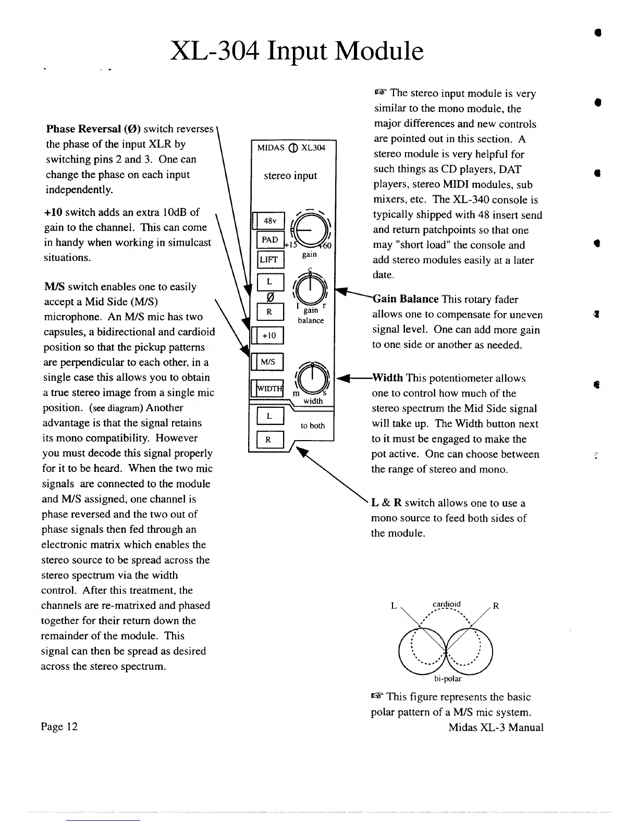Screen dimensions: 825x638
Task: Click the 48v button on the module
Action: point(270,221)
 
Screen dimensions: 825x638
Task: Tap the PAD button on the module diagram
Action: point(270,240)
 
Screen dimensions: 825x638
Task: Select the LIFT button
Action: point(270,259)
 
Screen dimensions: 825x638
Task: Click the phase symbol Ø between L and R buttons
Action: point(270,297)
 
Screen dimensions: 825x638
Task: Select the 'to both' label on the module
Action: point(313,426)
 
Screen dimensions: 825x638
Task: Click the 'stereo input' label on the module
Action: point(290,176)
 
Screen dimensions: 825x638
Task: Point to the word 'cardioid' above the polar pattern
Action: point(446,605)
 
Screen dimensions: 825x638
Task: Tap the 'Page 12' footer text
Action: point(59,727)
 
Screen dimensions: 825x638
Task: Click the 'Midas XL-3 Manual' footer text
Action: point(496,728)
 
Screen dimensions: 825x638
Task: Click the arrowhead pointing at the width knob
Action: point(342,378)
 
